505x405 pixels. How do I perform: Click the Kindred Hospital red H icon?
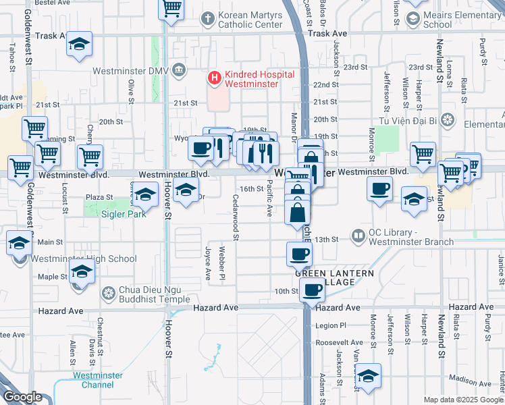[215, 78]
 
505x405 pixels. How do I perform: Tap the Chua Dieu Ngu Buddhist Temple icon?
[108, 293]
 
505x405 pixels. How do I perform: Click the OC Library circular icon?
[358, 236]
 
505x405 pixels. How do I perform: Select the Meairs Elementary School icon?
[411, 19]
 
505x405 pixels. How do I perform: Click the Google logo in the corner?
[22, 396]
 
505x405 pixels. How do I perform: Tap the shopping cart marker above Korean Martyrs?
[171, 9]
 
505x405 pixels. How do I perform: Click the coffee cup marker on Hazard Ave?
[311, 290]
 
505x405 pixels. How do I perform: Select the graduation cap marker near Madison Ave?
[368, 376]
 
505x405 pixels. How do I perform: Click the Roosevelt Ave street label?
[343, 343]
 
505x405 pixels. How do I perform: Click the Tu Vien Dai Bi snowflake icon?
[446, 120]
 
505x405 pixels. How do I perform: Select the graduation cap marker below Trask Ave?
[80, 45]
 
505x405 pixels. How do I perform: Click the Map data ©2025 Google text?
[462, 400]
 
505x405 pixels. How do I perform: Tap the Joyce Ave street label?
[208, 263]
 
